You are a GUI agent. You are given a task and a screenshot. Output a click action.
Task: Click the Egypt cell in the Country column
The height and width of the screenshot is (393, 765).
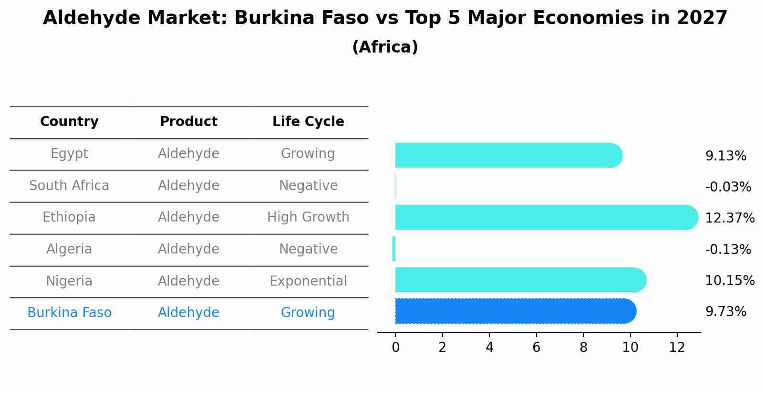(69, 154)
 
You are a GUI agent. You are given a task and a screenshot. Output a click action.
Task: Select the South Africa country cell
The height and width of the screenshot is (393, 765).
(69, 186)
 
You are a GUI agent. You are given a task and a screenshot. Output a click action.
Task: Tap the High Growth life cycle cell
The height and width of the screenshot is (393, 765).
(308, 217)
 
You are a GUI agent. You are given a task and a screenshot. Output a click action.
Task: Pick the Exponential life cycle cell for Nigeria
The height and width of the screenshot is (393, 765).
(308, 281)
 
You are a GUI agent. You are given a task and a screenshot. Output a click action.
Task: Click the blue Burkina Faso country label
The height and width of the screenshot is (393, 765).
(69, 313)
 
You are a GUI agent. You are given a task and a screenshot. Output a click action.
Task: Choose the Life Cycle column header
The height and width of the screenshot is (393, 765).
(308, 122)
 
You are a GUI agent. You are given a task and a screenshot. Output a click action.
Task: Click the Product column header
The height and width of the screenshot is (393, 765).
(188, 122)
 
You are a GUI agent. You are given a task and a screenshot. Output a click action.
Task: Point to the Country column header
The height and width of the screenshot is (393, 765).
(69, 122)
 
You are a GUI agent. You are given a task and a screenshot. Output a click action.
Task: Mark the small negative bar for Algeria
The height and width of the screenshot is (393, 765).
(394, 249)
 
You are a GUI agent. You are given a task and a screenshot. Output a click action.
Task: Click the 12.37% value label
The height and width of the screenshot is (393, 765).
(729, 218)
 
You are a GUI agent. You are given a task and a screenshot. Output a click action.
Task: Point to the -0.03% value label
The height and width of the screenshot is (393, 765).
(728, 187)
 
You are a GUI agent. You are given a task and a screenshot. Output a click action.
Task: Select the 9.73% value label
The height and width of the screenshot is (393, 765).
(725, 312)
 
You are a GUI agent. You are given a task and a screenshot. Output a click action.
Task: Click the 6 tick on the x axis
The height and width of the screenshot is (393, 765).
(536, 348)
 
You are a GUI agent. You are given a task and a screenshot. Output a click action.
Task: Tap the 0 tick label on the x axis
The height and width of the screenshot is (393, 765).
(395, 348)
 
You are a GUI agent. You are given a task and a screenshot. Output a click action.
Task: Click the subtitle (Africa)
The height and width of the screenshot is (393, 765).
(385, 47)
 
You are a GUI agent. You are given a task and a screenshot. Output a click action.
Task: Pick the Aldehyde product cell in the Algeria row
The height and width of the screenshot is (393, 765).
(188, 249)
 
